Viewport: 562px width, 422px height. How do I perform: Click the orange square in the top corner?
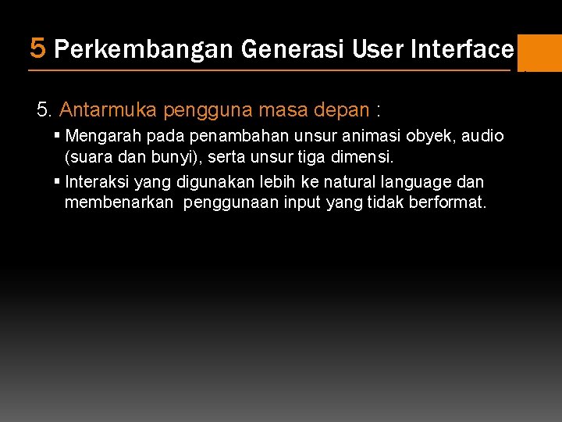click(539, 52)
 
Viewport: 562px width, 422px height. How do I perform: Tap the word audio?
click(482, 136)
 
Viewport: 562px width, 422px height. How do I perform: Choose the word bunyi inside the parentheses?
click(164, 157)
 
